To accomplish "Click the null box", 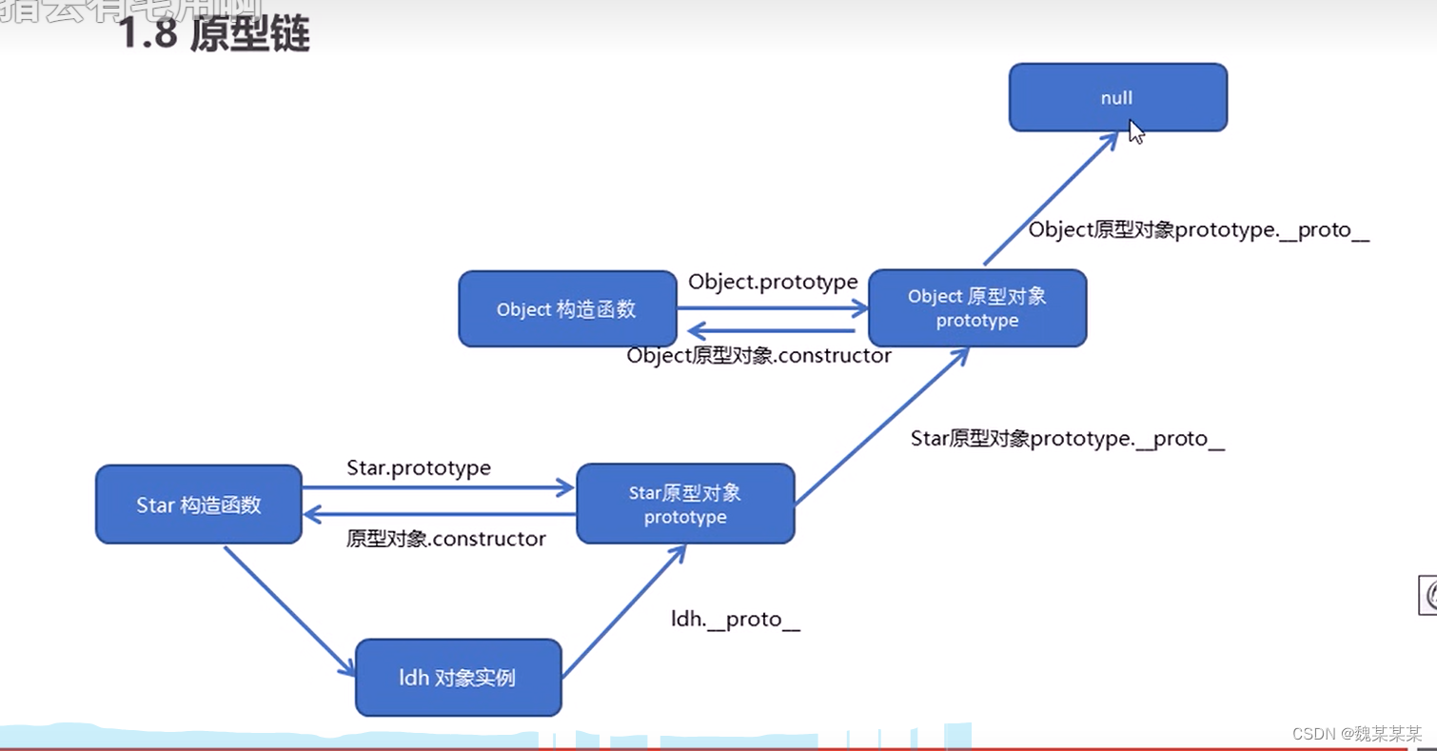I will pos(1117,97).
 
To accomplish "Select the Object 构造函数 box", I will pos(566,309).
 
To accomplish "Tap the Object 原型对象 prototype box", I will pos(977,308).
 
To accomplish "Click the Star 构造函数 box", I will pos(198,504).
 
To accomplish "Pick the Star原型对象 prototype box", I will pos(685,504).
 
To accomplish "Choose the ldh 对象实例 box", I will pos(458,678).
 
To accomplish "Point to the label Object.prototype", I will pos(773,282).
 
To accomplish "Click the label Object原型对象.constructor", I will pos(758,356).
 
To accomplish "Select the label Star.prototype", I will pos(419,468).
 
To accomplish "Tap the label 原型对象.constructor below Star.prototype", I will pos(445,539).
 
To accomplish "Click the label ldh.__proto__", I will pos(735,620).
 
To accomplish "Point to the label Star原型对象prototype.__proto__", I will pos(1067,439).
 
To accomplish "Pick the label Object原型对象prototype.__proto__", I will pos(1198,230).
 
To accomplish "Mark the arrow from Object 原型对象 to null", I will pos(1050,199).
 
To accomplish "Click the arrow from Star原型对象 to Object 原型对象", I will pos(881,425).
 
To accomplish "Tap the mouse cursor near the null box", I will pos(1136,131).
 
